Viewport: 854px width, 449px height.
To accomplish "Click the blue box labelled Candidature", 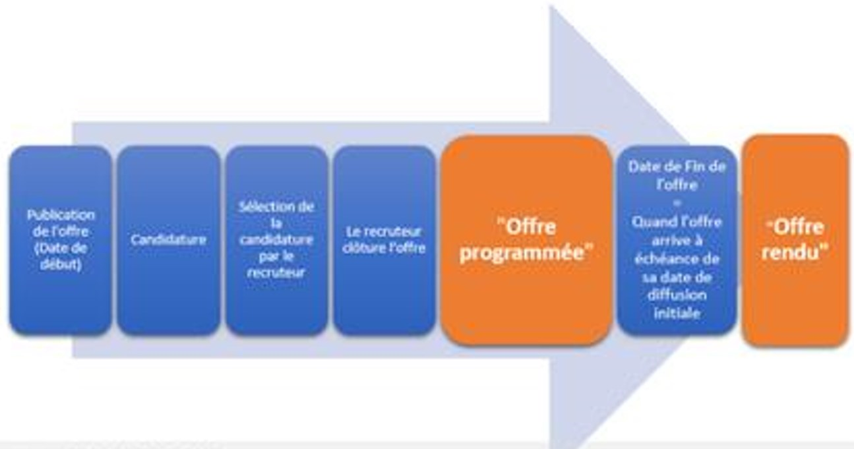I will click(168, 239).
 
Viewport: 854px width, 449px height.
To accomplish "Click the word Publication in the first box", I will click(61, 215).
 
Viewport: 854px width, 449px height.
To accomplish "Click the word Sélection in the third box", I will click(276, 206).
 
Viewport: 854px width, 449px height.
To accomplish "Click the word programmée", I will click(526, 254).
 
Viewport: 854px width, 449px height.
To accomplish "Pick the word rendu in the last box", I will click(795, 253).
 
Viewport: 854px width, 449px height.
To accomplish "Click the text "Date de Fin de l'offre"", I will click(677, 175).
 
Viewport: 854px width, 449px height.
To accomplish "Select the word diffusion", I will click(677, 295).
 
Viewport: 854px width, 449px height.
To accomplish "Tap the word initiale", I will click(677, 313).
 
